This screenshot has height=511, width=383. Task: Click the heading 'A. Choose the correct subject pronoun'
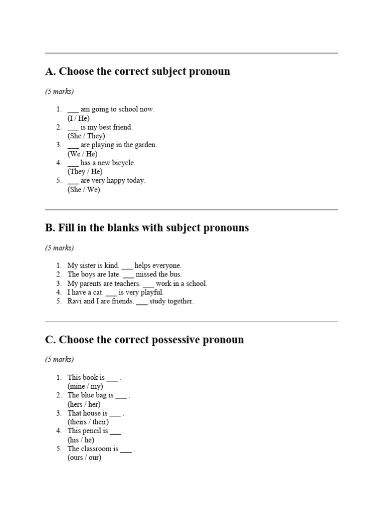pos(138,71)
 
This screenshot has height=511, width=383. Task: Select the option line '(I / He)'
pos(79,118)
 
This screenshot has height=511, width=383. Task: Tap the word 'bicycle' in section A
pos(123,163)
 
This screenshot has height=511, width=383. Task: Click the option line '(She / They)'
pos(86,136)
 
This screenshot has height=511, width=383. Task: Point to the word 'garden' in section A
pos(144,145)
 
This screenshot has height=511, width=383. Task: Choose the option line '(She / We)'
pos(84,190)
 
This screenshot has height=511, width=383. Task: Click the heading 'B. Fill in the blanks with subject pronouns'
pos(147,228)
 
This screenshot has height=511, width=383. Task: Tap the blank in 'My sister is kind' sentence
pos(127,266)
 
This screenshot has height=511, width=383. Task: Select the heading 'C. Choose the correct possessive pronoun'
pos(145,340)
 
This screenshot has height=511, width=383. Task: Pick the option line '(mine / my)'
pos(85,386)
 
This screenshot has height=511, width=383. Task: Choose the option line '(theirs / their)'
pos(88,422)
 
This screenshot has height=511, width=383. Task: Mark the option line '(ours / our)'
pos(84,458)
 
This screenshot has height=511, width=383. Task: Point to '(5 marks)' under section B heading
pos(59,248)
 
